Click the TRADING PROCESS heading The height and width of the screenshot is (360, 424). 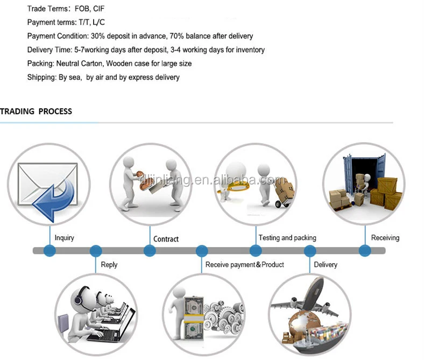coord(36,111)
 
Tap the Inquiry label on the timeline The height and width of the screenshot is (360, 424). coord(64,238)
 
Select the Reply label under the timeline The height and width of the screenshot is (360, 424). coord(109,264)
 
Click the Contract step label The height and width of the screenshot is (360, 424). coord(166,239)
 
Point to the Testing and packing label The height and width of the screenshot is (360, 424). coord(287,237)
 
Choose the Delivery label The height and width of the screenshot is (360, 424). coord(326,264)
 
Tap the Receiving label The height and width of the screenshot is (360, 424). coord(385,237)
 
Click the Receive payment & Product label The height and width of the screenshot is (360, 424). coord(245,264)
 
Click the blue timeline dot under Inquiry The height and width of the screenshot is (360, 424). coord(50,250)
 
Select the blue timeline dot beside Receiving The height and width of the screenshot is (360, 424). coord(365,250)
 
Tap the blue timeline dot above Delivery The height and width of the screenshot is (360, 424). coord(310,250)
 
